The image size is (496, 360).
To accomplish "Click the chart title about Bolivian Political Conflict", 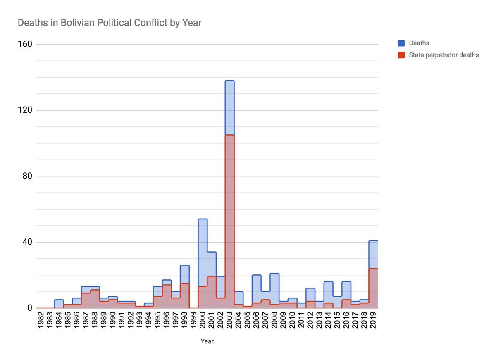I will pyautogui.click(x=110, y=23).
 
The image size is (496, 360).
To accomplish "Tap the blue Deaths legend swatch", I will pyautogui.click(x=401, y=43).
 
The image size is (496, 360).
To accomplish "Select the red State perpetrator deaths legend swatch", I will pyautogui.click(x=401, y=55).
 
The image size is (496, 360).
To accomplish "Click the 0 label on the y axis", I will pyautogui.click(x=30, y=308).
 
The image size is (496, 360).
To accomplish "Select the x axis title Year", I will pyautogui.click(x=207, y=341).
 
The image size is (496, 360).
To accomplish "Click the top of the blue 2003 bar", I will pyautogui.click(x=229, y=81).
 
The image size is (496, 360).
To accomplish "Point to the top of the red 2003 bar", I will pyautogui.click(x=229, y=135).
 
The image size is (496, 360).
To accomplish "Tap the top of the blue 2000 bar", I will pyautogui.click(x=203, y=219).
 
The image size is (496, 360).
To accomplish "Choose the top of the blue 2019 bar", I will pyautogui.click(x=373, y=241).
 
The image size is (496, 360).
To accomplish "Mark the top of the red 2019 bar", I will pyautogui.click(x=373, y=269).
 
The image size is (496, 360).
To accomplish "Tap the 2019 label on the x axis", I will pyautogui.click(x=373, y=320).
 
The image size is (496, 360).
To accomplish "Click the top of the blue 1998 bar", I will pyautogui.click(x=185, y=265).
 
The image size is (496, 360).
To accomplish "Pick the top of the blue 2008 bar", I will pyautogui.click(x=274, y=274).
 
